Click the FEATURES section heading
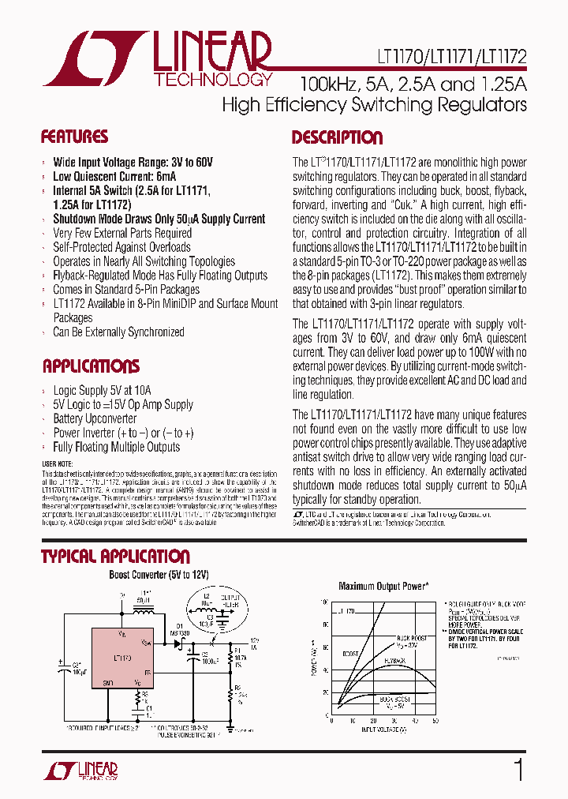point(74,137)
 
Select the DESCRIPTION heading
point(337,137)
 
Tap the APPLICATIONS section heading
point(91,366)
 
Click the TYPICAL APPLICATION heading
point(115,556)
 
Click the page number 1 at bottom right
point(518,769)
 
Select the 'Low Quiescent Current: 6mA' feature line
point(114,176)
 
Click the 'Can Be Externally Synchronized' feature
point(118,332)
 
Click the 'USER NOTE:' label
point(57,463)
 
